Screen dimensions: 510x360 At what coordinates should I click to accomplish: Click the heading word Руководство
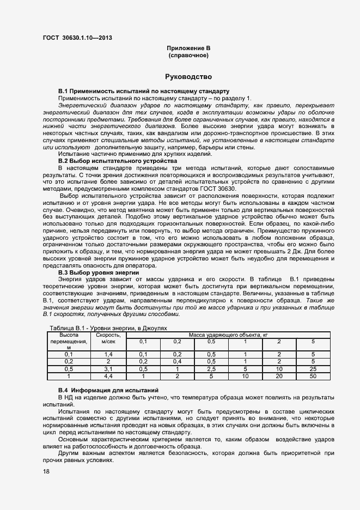tap(188, 77)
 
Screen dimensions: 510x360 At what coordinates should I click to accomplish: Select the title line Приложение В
tap(188, 48)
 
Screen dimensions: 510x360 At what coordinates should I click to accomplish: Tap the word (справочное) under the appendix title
tap(188, 56)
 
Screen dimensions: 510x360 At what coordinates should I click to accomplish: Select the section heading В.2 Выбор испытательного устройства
tap(117, 161)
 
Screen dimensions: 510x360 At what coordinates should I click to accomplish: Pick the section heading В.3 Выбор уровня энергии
tap(99, 272)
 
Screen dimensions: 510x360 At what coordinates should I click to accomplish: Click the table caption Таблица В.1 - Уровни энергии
tap(108, 329)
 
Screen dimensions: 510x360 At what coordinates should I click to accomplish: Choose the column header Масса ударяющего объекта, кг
tap(228, 335)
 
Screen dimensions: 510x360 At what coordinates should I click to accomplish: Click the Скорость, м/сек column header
tap(108, 338)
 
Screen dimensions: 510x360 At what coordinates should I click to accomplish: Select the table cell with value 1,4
tap(108, 354)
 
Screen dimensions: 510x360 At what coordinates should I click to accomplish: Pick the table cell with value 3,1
tap(108, 368)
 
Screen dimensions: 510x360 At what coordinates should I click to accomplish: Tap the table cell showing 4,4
tap(108, 375)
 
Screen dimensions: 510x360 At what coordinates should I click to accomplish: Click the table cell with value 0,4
tap(177, 361)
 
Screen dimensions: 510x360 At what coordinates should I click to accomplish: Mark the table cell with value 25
tap(313, 368)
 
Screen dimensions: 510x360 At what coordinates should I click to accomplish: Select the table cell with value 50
tap(313, 375)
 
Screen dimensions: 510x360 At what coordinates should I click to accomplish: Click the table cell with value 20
tap(279, 375)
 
